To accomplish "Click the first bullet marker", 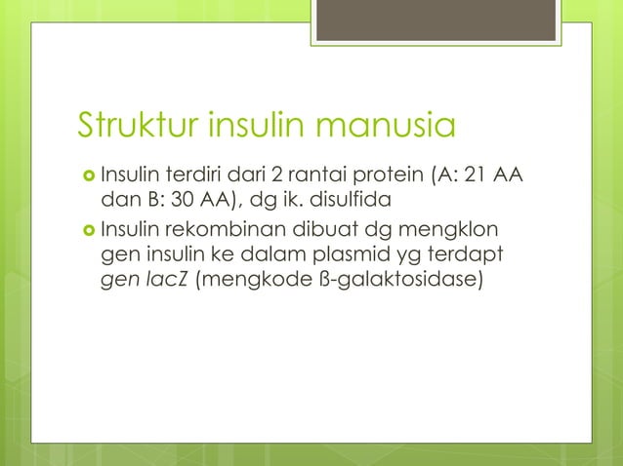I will pyautogui.click(x=88, y=176).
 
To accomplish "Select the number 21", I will pyautogui.click(x=476, y=176).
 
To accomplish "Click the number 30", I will pyautogui.click(x=162, y=203).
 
